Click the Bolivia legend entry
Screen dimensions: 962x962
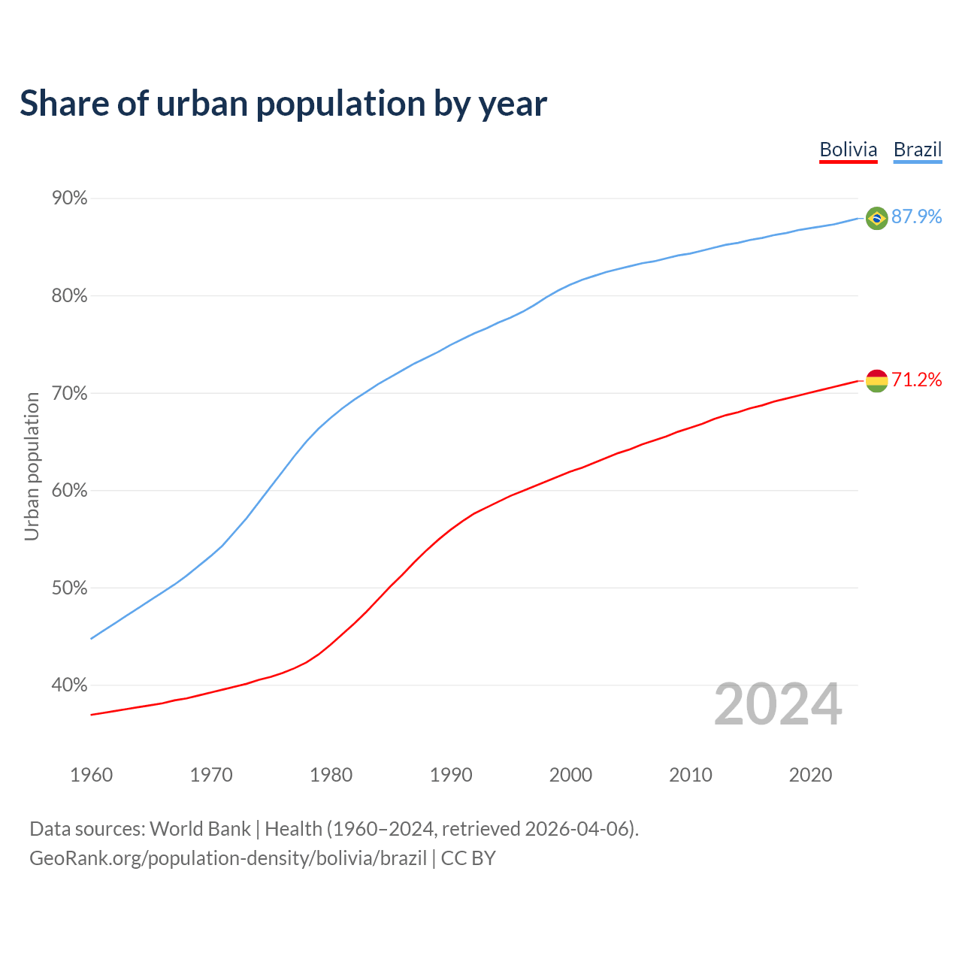848,150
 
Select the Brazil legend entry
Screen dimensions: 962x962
917,150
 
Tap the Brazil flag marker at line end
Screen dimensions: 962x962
876,218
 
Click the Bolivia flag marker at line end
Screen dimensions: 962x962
876,381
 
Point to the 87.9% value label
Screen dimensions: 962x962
916,217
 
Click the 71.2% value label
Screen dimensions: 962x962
916,380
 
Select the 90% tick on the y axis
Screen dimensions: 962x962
70,198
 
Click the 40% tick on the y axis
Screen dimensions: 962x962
70,685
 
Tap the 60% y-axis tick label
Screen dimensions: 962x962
70,491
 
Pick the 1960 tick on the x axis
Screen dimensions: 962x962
91,775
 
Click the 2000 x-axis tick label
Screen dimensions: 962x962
570,775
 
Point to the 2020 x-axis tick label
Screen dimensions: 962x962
810,775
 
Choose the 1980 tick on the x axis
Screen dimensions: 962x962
331,775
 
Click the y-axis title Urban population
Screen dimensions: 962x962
32,467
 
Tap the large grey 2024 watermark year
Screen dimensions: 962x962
778,705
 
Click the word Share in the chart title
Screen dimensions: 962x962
63,104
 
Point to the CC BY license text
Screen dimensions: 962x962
468,858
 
